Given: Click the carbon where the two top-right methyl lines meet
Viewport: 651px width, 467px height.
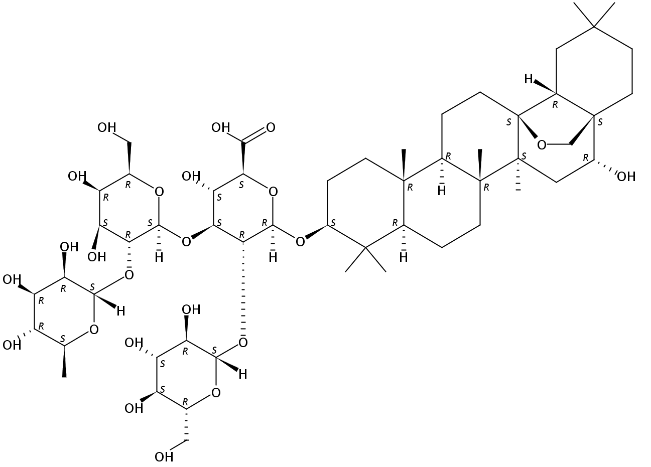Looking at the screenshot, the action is (594, 27).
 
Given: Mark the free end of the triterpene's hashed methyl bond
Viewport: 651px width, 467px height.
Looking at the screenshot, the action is (518, 191).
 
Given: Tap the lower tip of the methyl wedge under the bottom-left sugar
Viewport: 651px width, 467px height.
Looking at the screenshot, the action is (64, 377).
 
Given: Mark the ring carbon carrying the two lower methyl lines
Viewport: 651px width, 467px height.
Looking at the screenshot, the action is (365, 247).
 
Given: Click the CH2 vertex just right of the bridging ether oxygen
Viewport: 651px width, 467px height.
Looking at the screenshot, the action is (571, 144).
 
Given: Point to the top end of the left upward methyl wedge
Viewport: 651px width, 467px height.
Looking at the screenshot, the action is (404, 149).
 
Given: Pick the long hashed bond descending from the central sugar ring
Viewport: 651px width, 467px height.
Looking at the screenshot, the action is (243, 289).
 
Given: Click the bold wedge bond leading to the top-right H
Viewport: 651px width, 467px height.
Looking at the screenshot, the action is (545, 87).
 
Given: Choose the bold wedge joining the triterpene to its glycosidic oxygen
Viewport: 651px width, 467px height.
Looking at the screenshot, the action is (316, 232).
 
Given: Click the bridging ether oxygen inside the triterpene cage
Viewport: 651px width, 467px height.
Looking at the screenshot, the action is (542, 144).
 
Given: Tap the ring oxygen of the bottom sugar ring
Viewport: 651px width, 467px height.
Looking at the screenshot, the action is (216, 393).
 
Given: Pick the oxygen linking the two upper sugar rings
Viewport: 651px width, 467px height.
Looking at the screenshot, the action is (186, 241).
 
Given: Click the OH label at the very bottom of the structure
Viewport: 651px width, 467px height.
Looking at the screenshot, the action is (164, 457).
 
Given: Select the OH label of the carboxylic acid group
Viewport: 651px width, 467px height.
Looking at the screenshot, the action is (220, 127).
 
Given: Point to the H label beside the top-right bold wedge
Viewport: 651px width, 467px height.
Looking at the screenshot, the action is (529, 79).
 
